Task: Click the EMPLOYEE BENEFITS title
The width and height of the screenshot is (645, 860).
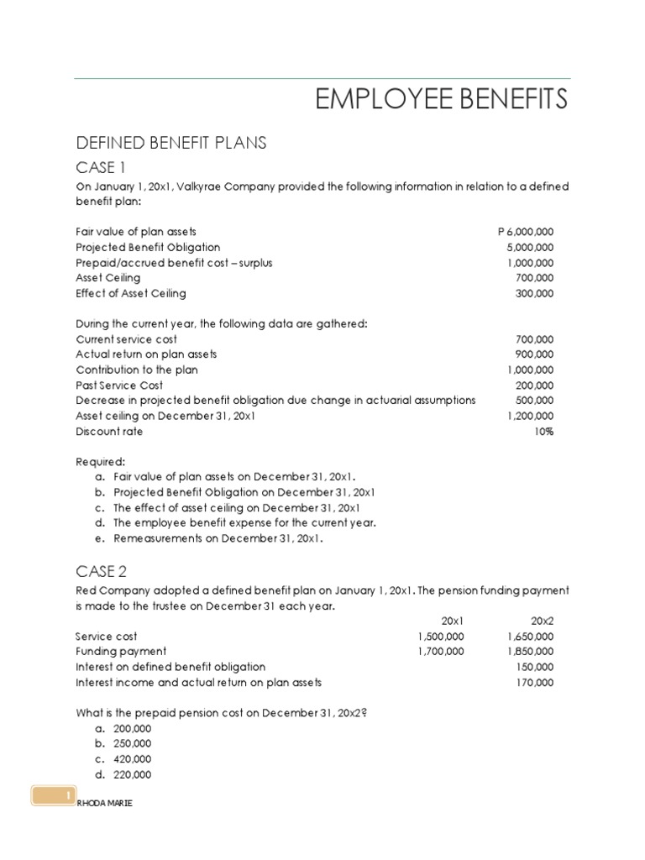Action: point(441,100)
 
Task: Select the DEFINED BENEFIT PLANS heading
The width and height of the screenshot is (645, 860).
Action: point(170,144)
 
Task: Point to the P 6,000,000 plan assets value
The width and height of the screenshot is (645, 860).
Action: point(526,232)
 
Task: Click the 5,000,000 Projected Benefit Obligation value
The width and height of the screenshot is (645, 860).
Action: point(530,247)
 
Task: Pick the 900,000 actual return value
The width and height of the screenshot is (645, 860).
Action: point(534,354)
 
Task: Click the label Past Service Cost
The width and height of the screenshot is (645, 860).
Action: point(119,385)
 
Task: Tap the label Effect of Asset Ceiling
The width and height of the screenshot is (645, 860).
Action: point(131,293)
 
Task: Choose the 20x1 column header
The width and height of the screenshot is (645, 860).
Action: point(452,621)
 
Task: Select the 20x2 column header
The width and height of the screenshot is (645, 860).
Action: point(543,621)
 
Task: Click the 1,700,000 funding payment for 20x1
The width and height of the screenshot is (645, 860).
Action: point(440,652)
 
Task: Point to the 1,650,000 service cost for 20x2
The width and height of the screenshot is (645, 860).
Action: point(531,637)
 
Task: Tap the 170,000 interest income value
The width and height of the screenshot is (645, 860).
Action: point(534,683)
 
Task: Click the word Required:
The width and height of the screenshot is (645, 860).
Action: point(100,462)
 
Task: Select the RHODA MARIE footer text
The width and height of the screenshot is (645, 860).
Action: point(104,804)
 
